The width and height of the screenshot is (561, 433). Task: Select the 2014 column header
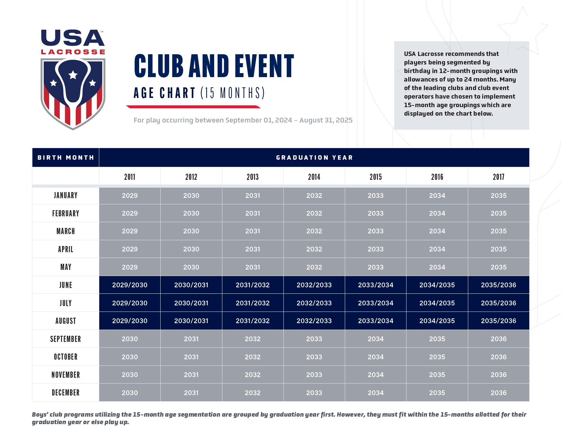(x=314, y=177)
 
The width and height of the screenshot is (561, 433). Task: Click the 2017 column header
(x=498, y=177)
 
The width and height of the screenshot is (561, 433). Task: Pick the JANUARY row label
(x=65, y=196)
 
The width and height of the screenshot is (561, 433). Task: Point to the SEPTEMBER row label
(x=65, y=339)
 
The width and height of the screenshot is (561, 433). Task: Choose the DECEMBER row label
(x=65, y=393)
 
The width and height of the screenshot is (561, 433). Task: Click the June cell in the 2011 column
(x=130, y=285)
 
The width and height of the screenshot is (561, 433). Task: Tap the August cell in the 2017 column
(x=498, y=321)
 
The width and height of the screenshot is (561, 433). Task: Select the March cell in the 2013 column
(x=253, y=231)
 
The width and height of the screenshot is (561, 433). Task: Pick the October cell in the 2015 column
(x=375, y=357)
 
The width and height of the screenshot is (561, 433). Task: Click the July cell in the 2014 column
(x=314, y=303)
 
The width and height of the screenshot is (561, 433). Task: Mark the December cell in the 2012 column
(x=191, y=393)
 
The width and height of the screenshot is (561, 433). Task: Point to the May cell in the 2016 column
(x=437, y=267)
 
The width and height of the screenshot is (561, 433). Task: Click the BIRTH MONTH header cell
(x=65, y=158)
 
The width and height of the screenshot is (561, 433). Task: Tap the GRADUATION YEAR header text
(x=314, y=158)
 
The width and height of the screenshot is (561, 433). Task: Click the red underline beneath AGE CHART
(x=193, y=107)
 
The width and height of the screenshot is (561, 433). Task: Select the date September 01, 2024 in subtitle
(x=259, y=120)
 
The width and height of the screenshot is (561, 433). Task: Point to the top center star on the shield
(x=73, y=75)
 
